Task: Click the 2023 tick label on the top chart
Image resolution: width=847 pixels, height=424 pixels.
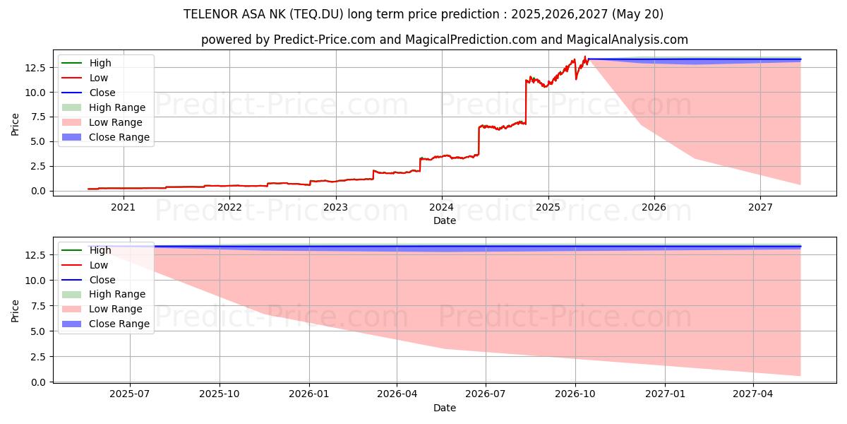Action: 335,207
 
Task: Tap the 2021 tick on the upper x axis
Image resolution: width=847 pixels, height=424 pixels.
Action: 124,207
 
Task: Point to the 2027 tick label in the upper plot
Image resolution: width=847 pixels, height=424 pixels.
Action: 760,207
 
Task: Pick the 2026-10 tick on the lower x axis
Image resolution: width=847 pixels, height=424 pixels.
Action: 575,394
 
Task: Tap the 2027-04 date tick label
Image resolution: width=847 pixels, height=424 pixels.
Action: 754,394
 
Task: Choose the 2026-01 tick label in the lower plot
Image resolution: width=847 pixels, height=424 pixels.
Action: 309,394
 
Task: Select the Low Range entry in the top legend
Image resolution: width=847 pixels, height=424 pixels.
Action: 116,122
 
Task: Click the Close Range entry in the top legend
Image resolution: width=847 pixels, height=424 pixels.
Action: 119,137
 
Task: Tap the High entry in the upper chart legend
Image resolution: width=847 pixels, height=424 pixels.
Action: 100,63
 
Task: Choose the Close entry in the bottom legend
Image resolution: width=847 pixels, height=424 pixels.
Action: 102,280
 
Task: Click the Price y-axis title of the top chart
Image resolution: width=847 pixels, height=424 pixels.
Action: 16,125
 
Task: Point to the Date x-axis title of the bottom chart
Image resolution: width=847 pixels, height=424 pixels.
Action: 445,408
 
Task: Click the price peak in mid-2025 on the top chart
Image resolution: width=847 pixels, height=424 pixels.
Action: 585,57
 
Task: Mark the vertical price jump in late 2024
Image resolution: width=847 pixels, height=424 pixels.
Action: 526,102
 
